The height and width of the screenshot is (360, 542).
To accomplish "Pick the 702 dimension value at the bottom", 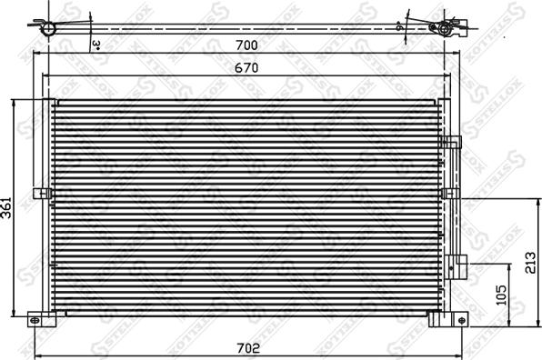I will [248, 348].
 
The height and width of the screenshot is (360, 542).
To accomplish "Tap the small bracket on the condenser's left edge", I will [40, 193].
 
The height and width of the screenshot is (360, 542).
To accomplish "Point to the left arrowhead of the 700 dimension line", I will [37, 53].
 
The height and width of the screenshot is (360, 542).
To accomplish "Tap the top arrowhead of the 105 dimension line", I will [487, 265].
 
